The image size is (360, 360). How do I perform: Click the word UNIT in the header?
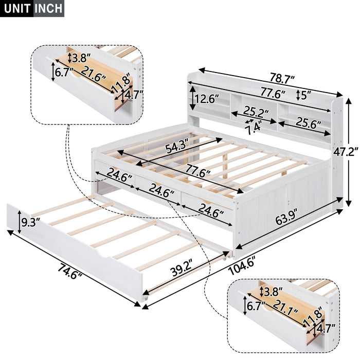(17, 9)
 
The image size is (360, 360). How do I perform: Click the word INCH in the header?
(48, 9)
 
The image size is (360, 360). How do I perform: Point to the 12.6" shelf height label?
(209, 98)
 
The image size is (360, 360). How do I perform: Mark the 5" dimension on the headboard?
(308, 95)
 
